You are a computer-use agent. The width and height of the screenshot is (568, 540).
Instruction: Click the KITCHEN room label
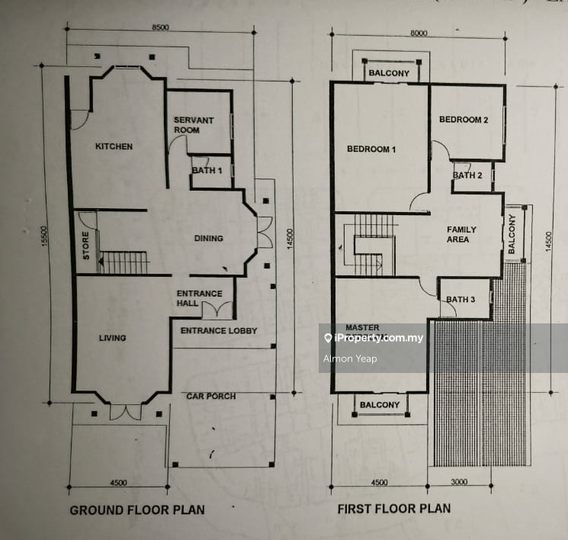[x=114, y=146]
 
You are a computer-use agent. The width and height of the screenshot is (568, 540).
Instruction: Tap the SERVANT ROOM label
[x=194, y=125]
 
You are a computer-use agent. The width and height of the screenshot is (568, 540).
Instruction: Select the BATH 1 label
[x=207, y=170]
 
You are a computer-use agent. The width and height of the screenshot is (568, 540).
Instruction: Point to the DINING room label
[x=209, y=238]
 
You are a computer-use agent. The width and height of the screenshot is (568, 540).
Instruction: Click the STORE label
[x=86, y=246]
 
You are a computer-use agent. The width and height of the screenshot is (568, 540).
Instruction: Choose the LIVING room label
[x=113, y=338]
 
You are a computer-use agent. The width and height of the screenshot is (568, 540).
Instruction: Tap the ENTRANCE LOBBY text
[x=219, y=330]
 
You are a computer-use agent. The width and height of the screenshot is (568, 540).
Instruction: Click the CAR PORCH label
[x=211, y=396]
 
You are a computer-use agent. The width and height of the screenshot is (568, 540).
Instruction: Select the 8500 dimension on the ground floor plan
[x=160, y=27]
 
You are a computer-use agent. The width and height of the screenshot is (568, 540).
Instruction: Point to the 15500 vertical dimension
[x=44, y=236]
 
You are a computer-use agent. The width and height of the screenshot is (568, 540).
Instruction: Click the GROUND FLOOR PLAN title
[x=137, y=510]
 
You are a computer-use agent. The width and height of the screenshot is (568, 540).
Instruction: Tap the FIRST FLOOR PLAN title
[x=394, y=509]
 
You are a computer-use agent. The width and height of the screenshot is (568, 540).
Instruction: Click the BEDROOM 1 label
[x=371, y=149]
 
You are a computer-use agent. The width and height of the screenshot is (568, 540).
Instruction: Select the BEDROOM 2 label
[x=464, y=120]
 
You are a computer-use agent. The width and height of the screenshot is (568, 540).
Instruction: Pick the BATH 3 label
[x=460, y=299]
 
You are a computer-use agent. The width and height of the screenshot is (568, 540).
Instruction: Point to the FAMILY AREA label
[x=461, y=234]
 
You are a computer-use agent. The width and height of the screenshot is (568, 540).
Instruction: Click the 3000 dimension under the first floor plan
[x=459, y=482]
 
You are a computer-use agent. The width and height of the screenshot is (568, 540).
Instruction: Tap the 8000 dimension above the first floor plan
[x=419, y=33]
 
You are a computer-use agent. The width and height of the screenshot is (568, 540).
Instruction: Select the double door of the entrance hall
[x=217, y=310]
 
